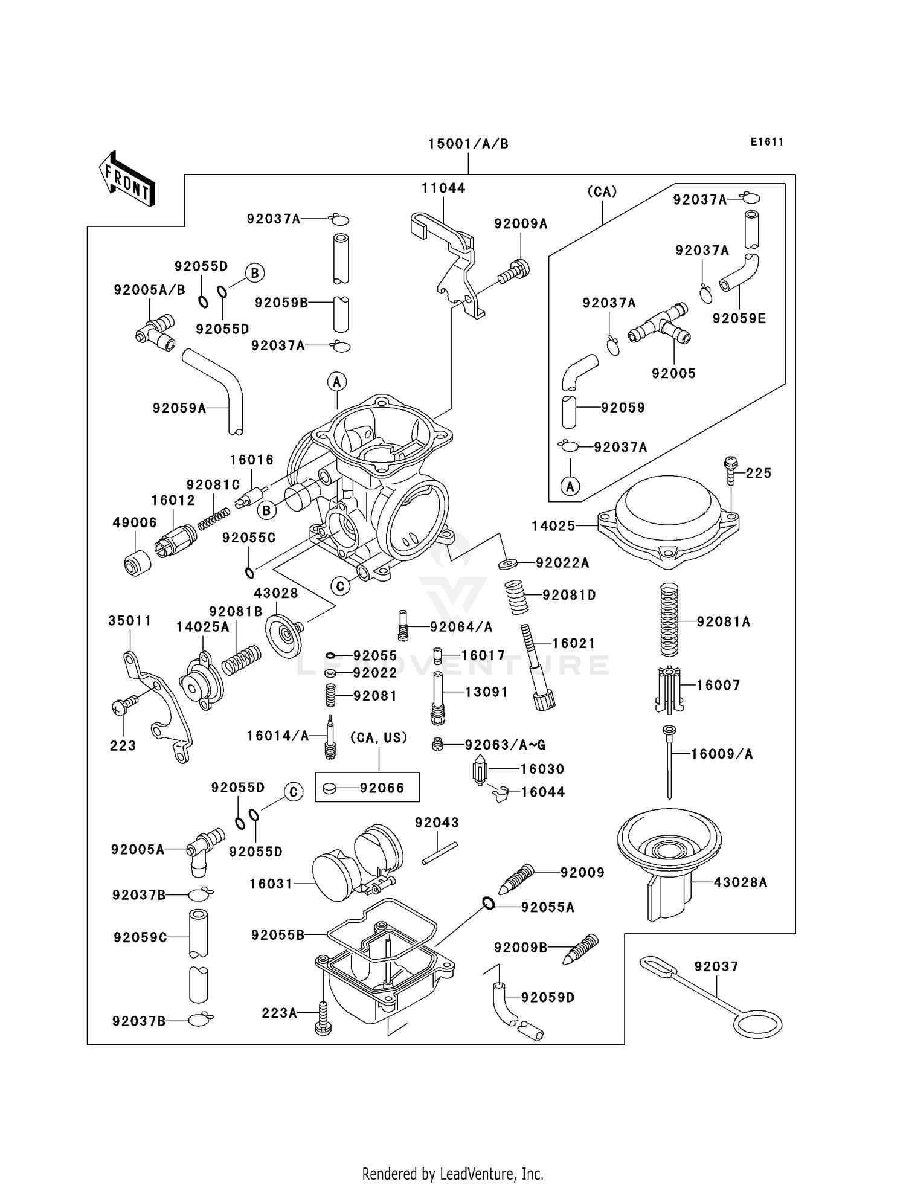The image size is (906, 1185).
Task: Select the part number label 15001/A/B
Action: (468, 144)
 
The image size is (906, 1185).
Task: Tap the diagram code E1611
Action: (767, 142)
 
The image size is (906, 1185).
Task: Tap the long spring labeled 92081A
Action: (669, 620)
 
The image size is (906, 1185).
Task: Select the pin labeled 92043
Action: (440, 853)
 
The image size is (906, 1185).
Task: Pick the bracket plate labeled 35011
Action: (157, 704)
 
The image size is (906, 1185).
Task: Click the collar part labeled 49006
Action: (138, 562)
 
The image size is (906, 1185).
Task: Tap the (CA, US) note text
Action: (379, 737)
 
